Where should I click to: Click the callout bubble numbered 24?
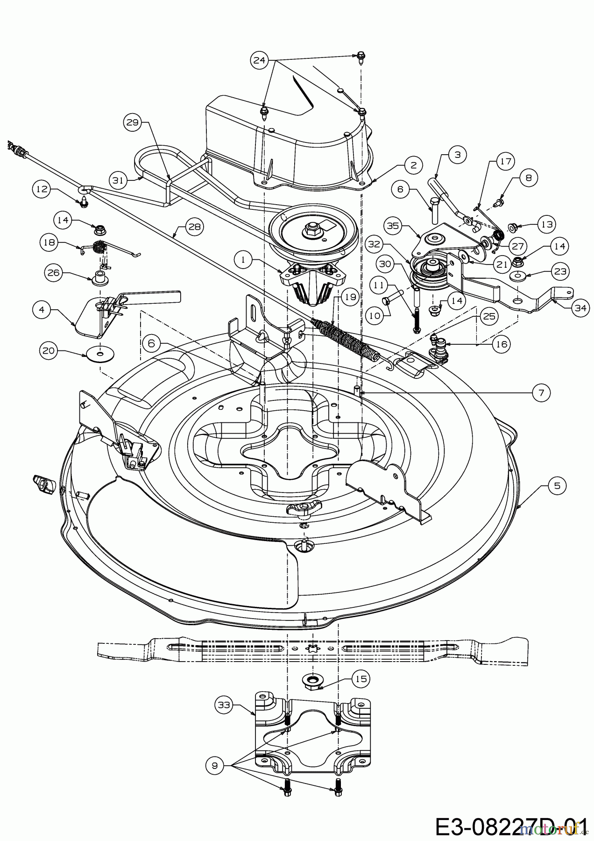[x=261, y=60]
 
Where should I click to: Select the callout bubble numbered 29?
[x=133, y=122]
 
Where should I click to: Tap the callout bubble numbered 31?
[x=119, y=180]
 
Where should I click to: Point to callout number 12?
[x=41, y=189]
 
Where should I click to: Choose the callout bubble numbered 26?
[x=54, y=271]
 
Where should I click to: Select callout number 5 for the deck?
[x=557, y=486]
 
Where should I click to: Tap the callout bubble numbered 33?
[x=224, y=705]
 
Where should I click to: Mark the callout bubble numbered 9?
[x=214, y=765]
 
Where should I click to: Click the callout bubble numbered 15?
[x=362, y=678]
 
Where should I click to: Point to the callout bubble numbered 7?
[x=541, y=393]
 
